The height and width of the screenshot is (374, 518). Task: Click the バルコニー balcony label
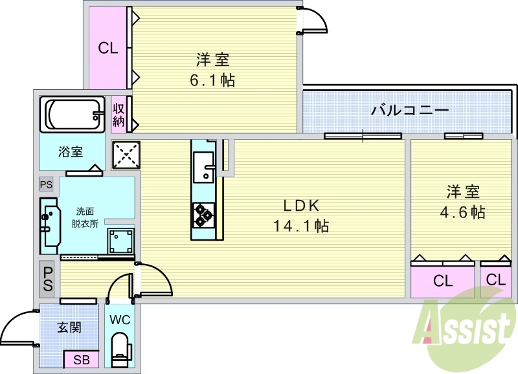point(409,110)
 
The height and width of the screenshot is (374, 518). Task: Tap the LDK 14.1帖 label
point(300,216)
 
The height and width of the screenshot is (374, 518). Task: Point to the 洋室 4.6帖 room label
point(462,202)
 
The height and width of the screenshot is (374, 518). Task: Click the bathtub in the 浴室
point(72,114)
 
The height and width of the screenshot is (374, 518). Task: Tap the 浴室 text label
point(71,152)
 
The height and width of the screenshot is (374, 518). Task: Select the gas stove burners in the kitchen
point(204,214)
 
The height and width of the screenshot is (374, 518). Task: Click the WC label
point(120,320)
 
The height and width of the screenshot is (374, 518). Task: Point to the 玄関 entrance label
point(69,327)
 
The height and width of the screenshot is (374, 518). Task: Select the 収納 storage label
point(118,114)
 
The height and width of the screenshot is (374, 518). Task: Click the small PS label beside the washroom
point(45,184)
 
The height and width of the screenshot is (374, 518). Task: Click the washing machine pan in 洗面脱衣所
point(120,241)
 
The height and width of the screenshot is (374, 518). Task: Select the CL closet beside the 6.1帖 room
point(107,48)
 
